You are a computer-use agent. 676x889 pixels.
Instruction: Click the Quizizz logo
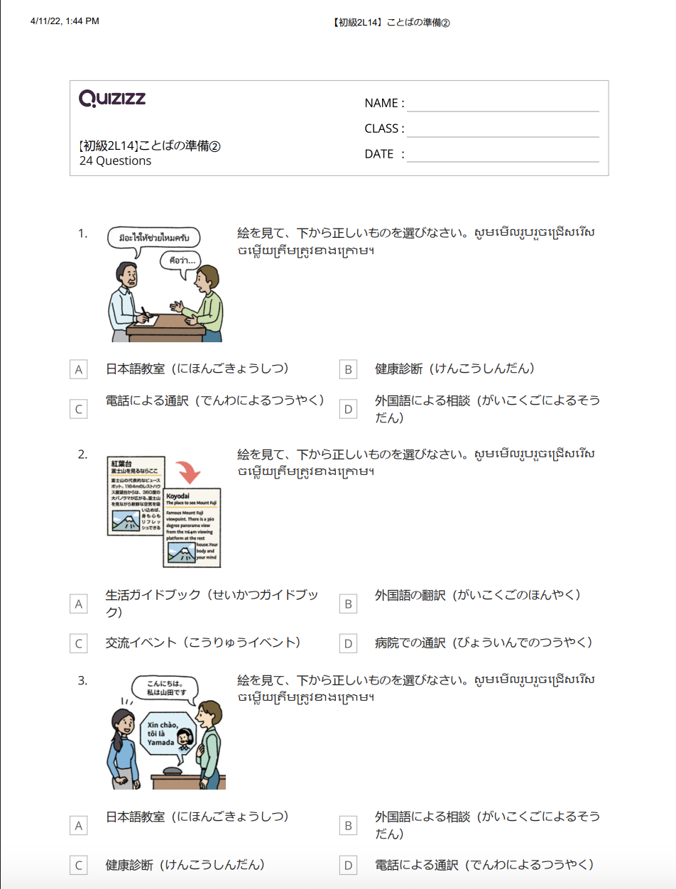(x=112, y=99)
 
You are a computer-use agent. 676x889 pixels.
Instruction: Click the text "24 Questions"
(x=115, y=161)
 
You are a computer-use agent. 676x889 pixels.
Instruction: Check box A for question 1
(x=79, y=370)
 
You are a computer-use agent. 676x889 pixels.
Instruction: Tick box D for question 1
(x=348, y=410)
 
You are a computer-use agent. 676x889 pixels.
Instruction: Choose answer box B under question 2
(x=348, y=604)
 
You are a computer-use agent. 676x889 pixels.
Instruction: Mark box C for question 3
(x=79, y=866)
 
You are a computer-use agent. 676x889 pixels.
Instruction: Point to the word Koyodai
(x=178, y=496)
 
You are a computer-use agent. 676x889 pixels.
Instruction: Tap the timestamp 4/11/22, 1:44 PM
(x=65, y=21)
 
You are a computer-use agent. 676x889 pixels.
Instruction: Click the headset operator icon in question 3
(x=185, y=739)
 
